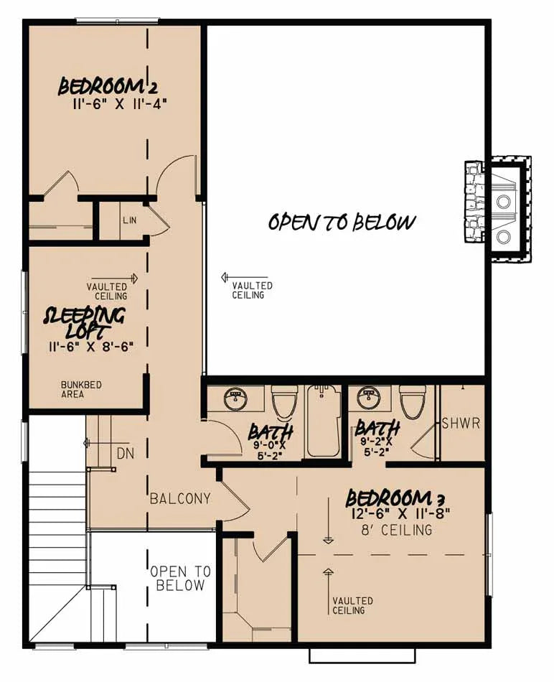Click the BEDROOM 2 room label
tap(108, 87)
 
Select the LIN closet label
tap(129, 220)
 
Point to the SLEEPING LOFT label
tap(85, 322)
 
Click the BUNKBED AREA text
tap(81, 390)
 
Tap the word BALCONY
tap(180, 498)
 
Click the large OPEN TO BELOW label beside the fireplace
tap(342, 222)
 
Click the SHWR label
tap(460, 422)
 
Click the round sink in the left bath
tap(235, 399)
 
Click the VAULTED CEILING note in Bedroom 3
tap(352, 605)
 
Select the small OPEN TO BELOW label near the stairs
tap(180, 578)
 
